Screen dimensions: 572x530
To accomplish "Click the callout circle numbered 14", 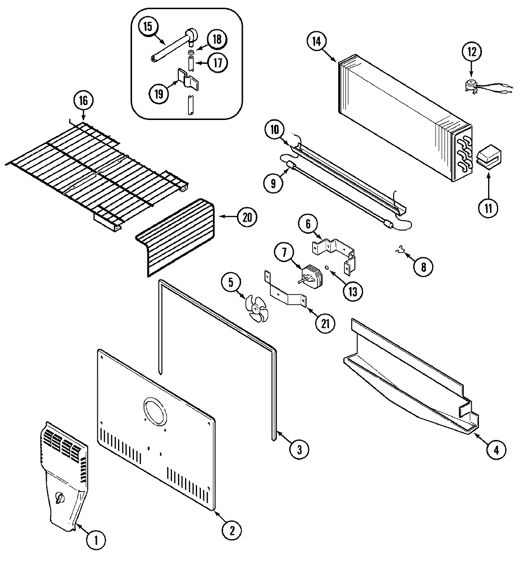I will pos(316,41).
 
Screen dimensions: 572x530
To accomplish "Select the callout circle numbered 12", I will pos(471,52).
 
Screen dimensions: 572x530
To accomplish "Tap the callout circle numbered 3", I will pos(299,450).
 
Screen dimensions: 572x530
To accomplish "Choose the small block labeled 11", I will pos(489,157).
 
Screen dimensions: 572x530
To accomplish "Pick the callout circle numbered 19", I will pos(159,94).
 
